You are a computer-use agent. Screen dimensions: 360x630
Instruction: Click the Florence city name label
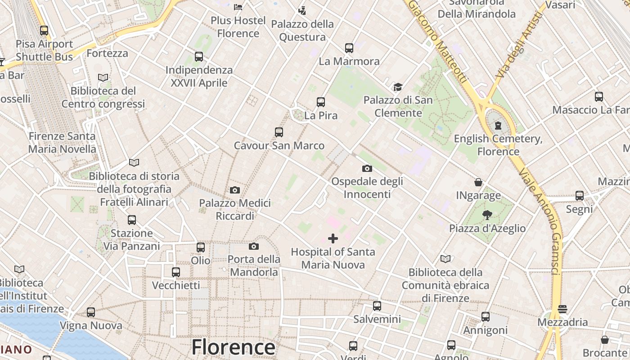tap(233, 347)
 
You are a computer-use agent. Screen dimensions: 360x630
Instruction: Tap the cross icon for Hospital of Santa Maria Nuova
tap(333, 238)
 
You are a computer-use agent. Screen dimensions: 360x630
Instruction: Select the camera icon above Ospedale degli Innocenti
tap(367, 169)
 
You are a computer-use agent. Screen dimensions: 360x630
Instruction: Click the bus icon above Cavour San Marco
tap(279, 132)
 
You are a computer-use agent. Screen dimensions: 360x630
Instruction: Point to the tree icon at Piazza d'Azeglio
tap(487, 215)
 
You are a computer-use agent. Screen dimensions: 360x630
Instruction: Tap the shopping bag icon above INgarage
tap(478, 182)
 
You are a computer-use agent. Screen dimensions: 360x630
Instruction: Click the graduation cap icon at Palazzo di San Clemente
tap(398, 87)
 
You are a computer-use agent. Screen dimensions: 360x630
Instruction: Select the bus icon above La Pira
tap(321, 102)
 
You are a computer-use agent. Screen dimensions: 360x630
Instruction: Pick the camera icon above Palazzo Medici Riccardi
tap(235, 190)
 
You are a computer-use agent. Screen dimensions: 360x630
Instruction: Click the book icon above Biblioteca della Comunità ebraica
tap(445, 259)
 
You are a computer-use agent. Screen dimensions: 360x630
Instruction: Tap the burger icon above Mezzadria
tap(562, 309)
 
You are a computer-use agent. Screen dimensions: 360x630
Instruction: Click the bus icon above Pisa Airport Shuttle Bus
tap(44, 31)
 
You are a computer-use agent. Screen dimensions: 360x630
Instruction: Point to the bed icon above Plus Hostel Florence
tap(238, 7)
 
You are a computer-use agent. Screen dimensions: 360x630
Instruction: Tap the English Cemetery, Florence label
tap(498, 145)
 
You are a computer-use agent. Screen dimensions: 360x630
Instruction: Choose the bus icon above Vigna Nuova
tap(91, 312)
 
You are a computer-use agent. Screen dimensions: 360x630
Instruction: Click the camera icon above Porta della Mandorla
tap(254, 246)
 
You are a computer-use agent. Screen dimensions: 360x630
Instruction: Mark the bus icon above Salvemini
tap(377, 306)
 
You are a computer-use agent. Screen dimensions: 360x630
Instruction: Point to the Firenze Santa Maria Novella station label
tap(62, 142)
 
